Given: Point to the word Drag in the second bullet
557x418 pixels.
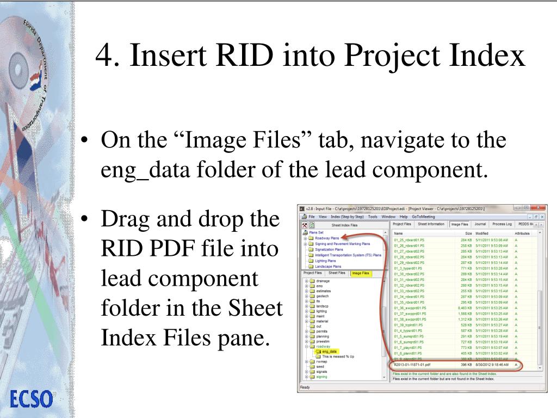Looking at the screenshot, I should (x=127, y=219).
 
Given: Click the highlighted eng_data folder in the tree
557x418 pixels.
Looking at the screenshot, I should (x=329, y=352).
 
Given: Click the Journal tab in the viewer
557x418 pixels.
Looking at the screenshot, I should (x=480, y=224).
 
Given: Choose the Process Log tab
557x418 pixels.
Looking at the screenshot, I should (x=502, y=224).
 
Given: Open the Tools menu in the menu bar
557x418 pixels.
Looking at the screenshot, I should (x=373, y=216).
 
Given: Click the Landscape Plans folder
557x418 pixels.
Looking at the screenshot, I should (x=328, y=266).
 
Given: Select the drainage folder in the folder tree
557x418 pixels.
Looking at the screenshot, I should (x=323, y=281).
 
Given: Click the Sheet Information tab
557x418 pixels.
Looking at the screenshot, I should (x=430, y=224).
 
